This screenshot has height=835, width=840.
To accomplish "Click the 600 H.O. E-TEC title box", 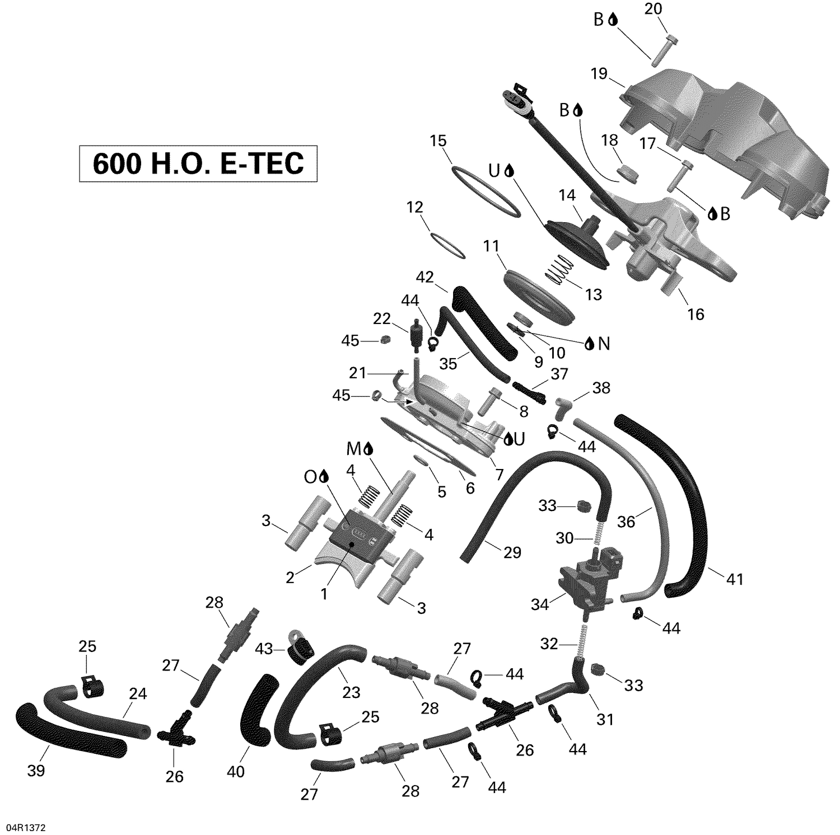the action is click(198, 163).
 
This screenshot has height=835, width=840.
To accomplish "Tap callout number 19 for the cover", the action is click(599, 73).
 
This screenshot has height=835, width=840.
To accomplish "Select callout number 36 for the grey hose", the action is click(626, 522).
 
